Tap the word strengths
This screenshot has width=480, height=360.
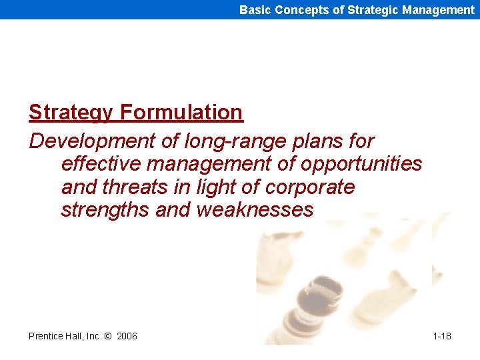[x=105, y=210]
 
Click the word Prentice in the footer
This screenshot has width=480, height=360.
[x=45, y=336]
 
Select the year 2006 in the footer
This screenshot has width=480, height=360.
[x=127, y=336]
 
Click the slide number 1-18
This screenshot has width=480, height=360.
[x=441, y=336]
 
